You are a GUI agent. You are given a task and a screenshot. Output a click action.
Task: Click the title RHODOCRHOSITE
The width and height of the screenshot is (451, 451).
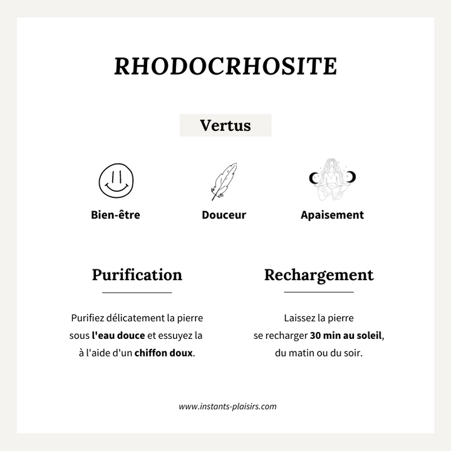pyautogui.click(x=225, y=66)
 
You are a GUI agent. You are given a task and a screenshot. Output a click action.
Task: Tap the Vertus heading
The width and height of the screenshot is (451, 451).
pyautogui.click(x=225, y=125)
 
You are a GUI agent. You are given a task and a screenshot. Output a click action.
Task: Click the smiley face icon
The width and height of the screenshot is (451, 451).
pyautogui.click(x=117, y=180)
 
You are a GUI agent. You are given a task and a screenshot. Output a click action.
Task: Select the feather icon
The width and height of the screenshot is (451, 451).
pyautogui.click(x=224, y=182)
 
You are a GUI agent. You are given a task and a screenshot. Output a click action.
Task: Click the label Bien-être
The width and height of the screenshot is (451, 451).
pyautogui.click(x=115, y=215)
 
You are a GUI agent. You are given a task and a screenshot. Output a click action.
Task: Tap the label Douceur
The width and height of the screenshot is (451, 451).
pyautogui.click(x=224, y=215)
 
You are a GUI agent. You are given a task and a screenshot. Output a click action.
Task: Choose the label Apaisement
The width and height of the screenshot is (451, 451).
pyautogui.click(x=332, y=215)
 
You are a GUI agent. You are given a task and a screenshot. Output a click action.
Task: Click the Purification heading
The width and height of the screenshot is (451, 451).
pyautogui.click(x=137, y=274)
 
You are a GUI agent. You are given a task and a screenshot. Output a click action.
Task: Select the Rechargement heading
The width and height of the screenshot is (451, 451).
pyautogui.click(x=319, y=274)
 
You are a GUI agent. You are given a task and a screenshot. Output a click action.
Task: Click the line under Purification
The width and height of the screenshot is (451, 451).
pyautogui.click(x=137, y=293)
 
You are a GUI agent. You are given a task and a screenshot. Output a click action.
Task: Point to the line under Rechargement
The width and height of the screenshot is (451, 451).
pyautogui.click(x=319, y=293)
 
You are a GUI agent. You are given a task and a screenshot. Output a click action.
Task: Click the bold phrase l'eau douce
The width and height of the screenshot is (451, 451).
pyautogui.click(x=118, y=335)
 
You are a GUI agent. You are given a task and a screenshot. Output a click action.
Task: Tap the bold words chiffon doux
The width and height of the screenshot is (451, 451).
pyautogui.click(x=163, y=353)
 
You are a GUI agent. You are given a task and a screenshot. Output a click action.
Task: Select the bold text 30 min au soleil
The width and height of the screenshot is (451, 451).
pyautogui.click(x=346, y=335)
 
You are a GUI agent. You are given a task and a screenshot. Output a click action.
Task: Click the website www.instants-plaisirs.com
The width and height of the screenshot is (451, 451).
pyautogui.click(x=227, y=406)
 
